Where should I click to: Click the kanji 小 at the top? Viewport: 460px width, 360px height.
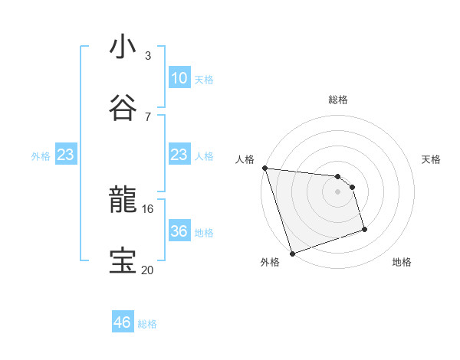[x=123, y=47]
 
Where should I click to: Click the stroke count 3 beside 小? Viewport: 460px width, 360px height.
[x=148, y=56]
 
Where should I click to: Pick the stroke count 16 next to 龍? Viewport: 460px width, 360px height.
[x=148, y=208]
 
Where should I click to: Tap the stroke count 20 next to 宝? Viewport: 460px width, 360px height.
[x=148, y=269]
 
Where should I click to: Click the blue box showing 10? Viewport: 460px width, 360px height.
[x=179, y=78]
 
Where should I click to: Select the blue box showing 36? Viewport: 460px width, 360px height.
[x=179, y=231]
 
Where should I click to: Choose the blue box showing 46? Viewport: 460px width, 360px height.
[x=122, y=322]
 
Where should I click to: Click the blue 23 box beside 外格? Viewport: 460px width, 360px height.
[x=65, y=155]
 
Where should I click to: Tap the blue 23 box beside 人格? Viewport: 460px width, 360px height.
[x=179, y=155]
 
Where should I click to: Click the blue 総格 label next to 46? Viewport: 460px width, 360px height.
[x=147, y=324]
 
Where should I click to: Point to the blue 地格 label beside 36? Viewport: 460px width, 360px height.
[x=204, y=232]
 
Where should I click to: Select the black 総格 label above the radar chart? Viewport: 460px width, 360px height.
[x=338, y=100]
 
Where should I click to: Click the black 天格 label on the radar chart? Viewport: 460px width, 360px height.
[x=432, y=159]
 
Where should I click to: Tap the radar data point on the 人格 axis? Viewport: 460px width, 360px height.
[x=264, y=168]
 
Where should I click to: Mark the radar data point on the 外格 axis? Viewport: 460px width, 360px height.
[x=292, y=253]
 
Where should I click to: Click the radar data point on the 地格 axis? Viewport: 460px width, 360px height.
[x=364, y=229]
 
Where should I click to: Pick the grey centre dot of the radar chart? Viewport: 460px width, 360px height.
[x=338, y=191]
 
